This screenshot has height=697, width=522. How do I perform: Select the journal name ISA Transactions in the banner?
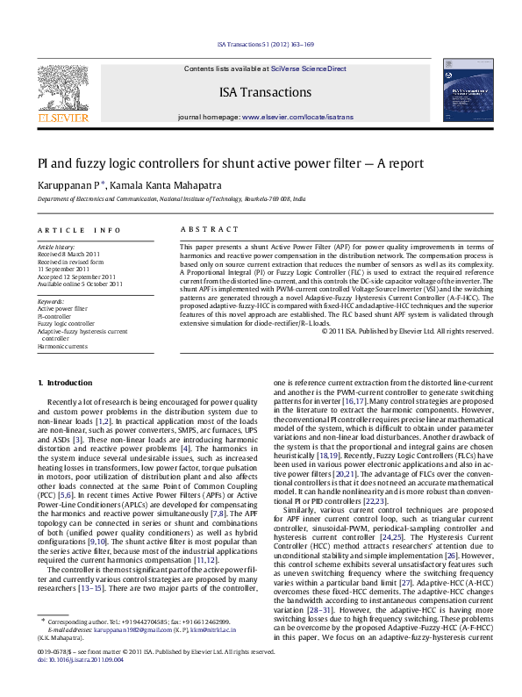tap(261, 91)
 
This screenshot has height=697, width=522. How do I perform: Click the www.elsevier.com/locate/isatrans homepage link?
tap(297, 117)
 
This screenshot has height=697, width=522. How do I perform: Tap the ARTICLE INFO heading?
tap(79, 230)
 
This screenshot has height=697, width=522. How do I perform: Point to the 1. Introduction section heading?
tap(67, 384)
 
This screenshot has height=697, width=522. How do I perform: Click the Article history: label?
tap(56, 248)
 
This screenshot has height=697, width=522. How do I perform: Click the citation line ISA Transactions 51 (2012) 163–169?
tap(264, 44)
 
